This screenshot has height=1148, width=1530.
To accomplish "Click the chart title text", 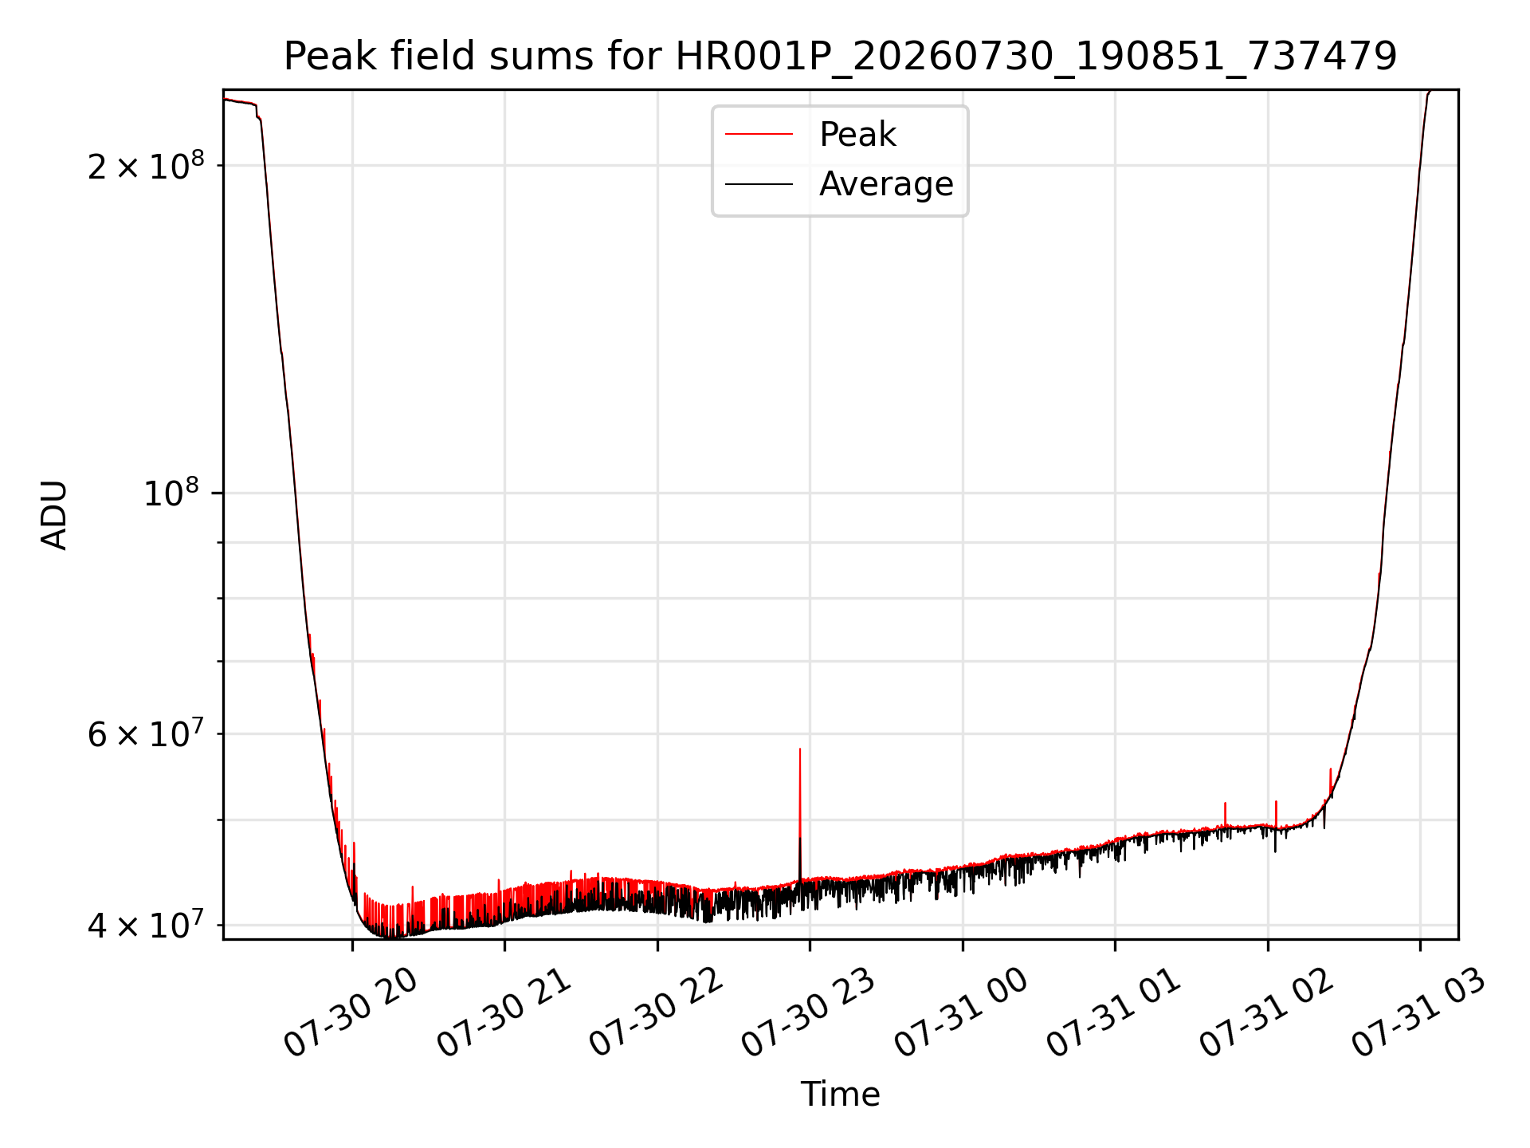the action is tap(841, 57).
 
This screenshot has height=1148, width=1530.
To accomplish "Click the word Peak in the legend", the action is tap(857, 135).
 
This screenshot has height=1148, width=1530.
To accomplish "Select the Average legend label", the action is tap(886, 184).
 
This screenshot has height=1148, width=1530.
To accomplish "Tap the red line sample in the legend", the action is tap(759, 135).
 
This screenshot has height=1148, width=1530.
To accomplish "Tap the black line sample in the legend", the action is tap(759, 184).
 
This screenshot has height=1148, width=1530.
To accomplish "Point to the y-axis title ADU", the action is tap(54, 515).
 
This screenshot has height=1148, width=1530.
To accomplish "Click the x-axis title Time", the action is tap(841, 1094).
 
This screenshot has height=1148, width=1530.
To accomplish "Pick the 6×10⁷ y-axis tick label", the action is tap(146, 733).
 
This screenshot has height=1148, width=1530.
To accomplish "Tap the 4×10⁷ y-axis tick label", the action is tap(146, 924).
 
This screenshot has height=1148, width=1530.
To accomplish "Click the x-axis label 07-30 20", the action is tap(351, 1014).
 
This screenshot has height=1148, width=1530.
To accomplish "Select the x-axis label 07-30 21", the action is tap(504, 1014).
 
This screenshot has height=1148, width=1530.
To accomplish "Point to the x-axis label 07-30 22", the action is tap(656, 1014).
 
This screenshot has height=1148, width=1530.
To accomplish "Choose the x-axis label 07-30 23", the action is tap(809, 1014).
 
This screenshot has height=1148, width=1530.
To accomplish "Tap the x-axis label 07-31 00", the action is tap(961, 1014).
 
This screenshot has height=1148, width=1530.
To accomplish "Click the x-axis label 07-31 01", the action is tap(1113, 1014).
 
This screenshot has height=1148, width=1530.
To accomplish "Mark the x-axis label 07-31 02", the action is tap(1266, 1014).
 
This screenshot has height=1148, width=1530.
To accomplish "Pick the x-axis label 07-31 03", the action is tap(1418, 1014).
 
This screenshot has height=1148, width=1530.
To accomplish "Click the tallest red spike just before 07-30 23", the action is tap(800, 813).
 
